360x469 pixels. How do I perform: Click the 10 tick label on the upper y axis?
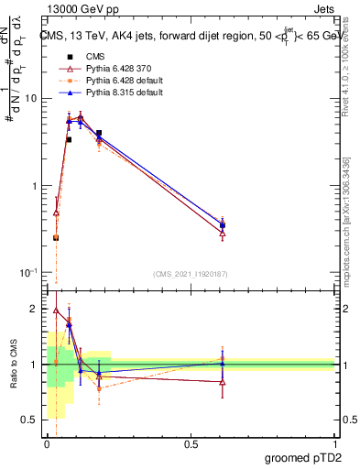tap(31, 98)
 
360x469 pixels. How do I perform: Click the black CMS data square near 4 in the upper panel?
tap(99, 134)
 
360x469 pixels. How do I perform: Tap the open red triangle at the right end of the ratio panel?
tap(222, 382)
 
